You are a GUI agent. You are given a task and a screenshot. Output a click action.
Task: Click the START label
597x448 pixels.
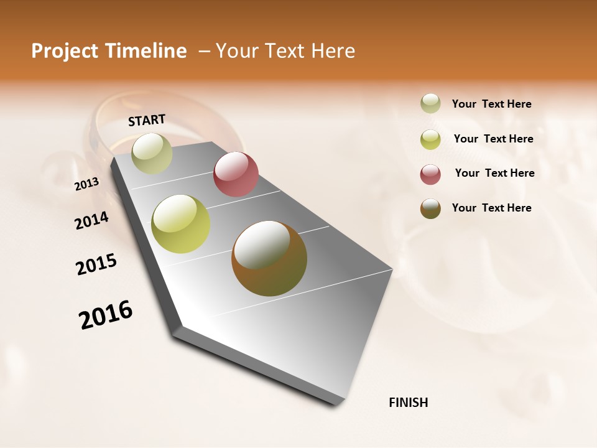(147, 120)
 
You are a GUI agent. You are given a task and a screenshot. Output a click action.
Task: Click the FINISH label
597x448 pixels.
(408, 403)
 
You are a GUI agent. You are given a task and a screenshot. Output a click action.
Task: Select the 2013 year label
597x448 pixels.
(87, 184)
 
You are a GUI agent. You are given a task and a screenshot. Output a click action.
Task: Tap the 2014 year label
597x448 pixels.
(91, 220)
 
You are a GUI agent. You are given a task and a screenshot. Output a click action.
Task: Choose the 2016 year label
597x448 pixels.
(106, 315)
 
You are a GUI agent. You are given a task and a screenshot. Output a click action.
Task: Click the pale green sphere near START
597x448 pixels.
(152, 153)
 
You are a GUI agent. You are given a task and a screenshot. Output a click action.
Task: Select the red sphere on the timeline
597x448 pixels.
(236, 174)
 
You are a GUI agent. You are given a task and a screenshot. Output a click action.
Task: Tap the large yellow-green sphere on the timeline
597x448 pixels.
(181, 224)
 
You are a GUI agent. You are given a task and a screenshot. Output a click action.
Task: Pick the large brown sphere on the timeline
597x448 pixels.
(269, 258)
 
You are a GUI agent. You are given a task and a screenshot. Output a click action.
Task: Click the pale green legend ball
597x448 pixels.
(430, 103)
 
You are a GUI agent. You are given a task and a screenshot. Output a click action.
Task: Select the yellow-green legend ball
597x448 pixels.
(430, 139)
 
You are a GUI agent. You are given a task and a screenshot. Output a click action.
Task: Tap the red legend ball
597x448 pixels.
(430, 174)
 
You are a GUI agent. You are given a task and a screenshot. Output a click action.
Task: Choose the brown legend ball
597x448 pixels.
(430, 208)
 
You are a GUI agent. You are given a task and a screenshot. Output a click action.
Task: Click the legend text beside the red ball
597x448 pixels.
(494, 173)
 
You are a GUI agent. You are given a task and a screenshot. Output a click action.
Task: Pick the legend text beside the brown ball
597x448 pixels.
(491, 208)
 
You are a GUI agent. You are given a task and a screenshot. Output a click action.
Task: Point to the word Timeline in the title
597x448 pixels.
(147, 51)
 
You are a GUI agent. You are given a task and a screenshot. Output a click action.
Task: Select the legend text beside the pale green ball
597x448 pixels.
(491, 104)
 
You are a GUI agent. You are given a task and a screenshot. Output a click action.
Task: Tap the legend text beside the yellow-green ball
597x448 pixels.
(493, 139)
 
